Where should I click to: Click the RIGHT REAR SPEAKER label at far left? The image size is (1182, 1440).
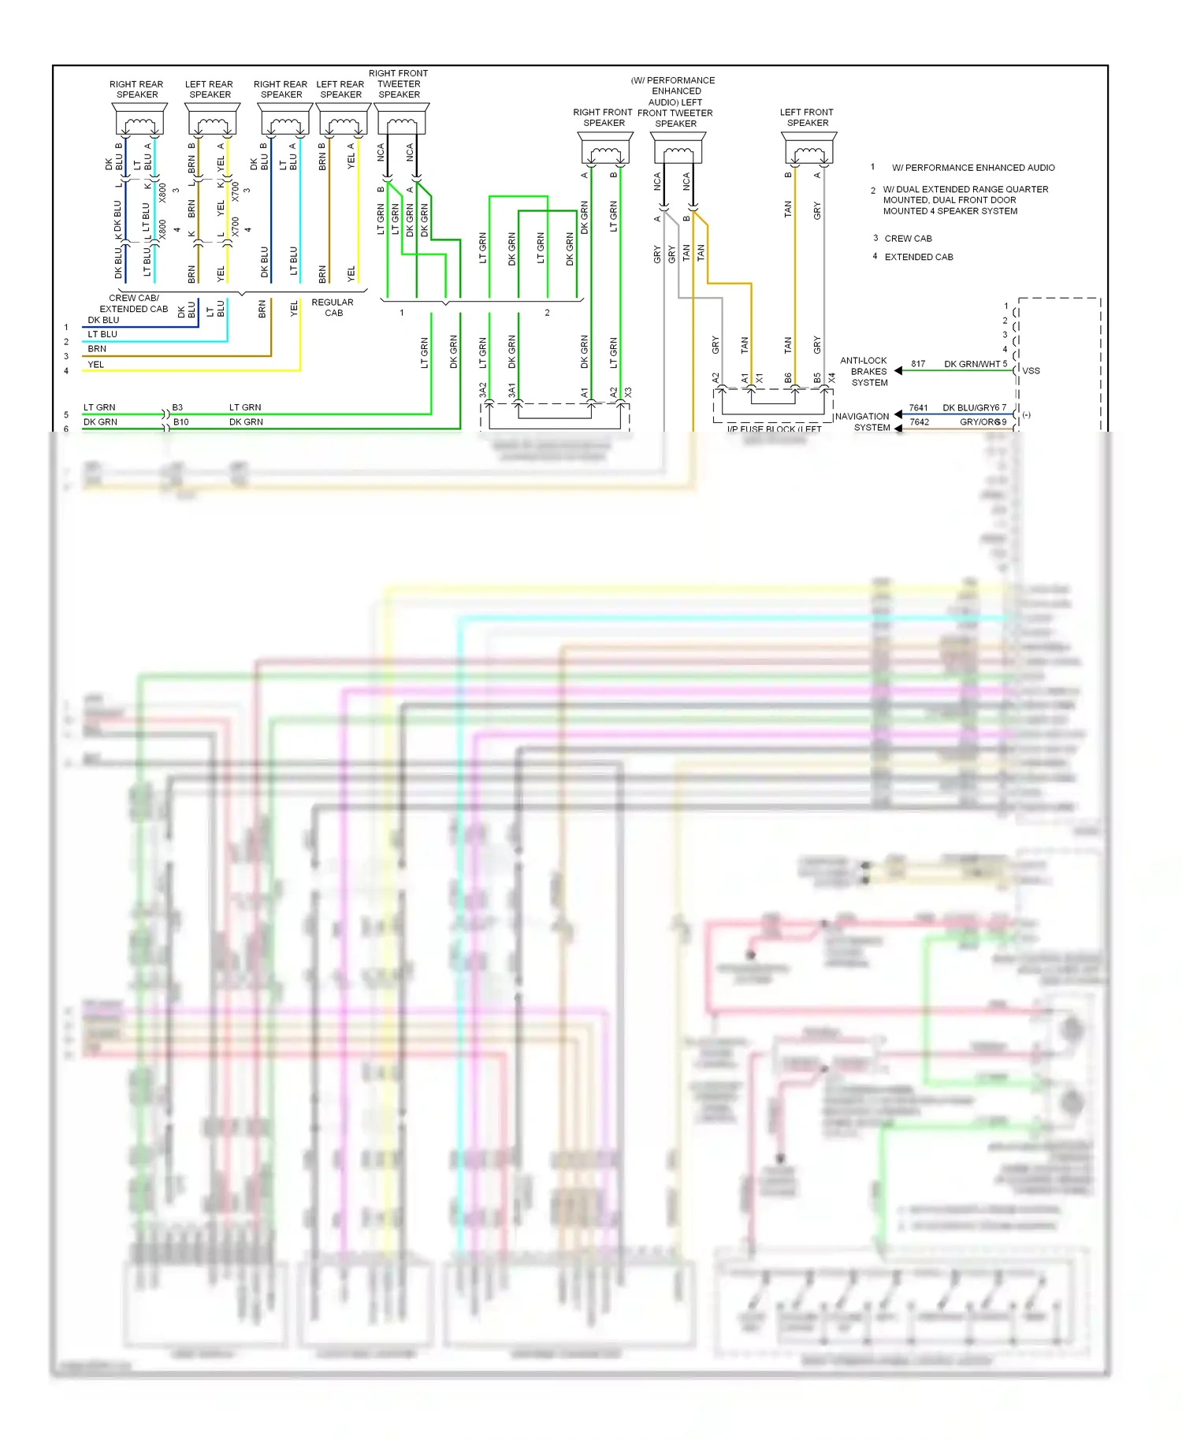(136, 89)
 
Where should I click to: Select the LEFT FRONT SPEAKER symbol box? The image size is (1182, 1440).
(808, 147)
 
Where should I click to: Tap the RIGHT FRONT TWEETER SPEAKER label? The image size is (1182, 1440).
(399, 84)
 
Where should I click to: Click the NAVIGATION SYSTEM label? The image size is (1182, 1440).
(863, 421)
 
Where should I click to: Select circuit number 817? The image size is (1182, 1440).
(918, 364)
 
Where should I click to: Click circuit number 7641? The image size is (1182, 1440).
(918, 408)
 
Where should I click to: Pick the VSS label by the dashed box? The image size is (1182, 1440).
(1031, 371)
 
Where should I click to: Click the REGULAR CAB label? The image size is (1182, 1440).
(333, 307)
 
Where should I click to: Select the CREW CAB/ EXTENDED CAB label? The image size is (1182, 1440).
(134, 303)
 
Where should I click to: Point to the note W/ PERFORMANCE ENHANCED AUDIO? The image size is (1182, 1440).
(972, 168)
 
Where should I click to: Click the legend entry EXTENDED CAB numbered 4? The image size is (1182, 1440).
(919, 257)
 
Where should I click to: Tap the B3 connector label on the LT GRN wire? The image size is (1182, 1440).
(177, 407)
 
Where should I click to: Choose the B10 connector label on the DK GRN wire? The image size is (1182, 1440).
(180, 422)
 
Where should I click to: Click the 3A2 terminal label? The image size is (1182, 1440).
(482, 390)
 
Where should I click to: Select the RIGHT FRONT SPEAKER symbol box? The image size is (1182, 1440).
(604, 148)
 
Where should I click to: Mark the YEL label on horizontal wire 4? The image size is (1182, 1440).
(95, 365)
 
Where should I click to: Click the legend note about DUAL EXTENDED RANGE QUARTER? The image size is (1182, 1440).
(965, 200)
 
